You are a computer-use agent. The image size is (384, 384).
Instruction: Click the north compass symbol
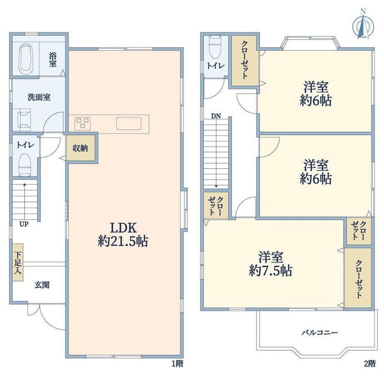click(x=363, y=25)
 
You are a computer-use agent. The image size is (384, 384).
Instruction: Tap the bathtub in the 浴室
click(x=25, y=59)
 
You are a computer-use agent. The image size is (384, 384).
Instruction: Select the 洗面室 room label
click(x=39, y=97)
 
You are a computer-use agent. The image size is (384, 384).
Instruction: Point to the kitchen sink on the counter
click(x=129, y=124)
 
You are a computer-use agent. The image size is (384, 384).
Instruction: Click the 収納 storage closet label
click(x=80, y=148)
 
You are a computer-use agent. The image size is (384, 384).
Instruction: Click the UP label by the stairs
click(x=24, y=224)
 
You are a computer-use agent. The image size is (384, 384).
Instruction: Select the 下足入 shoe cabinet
click(x=18, y=262)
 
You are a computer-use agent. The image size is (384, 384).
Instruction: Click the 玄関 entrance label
click(x=42, y=285)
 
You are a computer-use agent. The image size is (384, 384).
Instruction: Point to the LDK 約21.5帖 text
click(x=123, y=235)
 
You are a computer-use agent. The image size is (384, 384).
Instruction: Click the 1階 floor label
click(x=177, y=364)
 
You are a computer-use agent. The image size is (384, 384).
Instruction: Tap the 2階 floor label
click(x=369, y=364)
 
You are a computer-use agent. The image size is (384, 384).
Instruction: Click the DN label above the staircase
click(x=216, y=116)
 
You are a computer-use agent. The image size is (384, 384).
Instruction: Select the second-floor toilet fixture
click(x=215, y=48)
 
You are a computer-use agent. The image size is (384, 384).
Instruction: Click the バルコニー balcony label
click(x=320, y=332)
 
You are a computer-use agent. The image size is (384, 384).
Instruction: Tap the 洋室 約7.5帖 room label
click(x=270, y=264)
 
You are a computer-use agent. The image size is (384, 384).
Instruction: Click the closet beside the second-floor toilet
click(x=244, y=61)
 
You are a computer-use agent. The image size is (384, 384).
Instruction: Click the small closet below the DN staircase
click(x=216, y=205)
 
